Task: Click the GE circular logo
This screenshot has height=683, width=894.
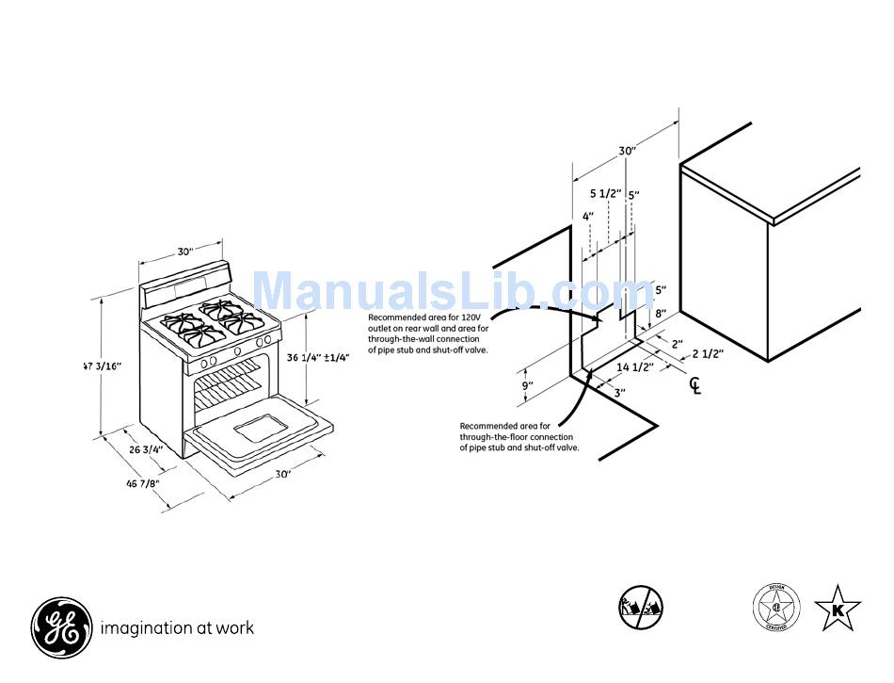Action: (62, 627)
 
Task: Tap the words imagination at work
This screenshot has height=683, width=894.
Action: (177, 628)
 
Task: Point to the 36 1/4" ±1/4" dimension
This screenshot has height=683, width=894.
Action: (318, 358)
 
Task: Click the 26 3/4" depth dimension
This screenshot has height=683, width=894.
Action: (146, 449)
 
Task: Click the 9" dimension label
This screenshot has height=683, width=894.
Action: (527, 385)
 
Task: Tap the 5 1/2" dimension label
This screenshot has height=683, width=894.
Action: (605, 194)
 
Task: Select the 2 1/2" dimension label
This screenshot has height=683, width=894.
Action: (708, 354)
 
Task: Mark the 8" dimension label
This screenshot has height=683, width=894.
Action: (661, 314)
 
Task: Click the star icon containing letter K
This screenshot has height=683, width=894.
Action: (837, 608)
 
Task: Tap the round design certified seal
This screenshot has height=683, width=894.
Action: (776, 607)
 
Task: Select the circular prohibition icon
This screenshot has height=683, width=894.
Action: (641, 607)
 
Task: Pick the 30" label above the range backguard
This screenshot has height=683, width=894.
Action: (185, 252)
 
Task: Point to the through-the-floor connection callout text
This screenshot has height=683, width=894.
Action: (519, 437)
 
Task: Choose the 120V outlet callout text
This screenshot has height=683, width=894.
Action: (424, 333)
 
